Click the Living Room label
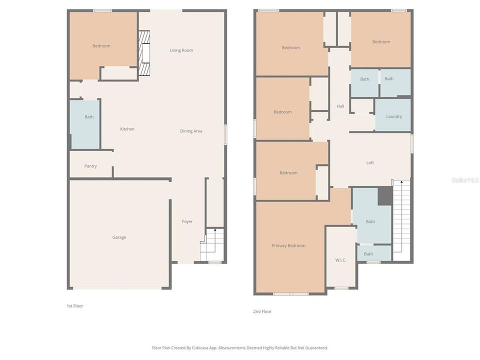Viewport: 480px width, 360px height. tap(181, 50)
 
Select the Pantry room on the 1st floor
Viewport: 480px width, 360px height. tap(90, 166)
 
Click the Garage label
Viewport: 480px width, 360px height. tap(119, 237)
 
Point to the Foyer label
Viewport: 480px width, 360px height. tap(187, 221)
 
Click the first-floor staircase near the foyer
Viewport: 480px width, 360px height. tap(211, 245)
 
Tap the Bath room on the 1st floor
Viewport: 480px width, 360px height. tap(88, 117)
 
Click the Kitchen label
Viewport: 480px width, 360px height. tap(127, 129)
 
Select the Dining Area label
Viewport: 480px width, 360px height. tap(191, 131)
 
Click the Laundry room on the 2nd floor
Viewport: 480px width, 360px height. tap(393, 116)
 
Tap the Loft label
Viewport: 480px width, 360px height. tap(370, 162)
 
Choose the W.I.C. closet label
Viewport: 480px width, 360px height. tap(340, 260)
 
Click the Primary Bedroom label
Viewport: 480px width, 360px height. tap(288, 245)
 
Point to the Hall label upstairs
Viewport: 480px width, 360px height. tap(340, 106)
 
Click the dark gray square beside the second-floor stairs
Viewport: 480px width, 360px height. tap(384, 196)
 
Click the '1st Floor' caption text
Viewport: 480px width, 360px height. tap(75, 305)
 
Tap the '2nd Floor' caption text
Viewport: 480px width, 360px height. tap(262, 311)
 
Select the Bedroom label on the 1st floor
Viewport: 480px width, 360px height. tap(101, 46)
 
